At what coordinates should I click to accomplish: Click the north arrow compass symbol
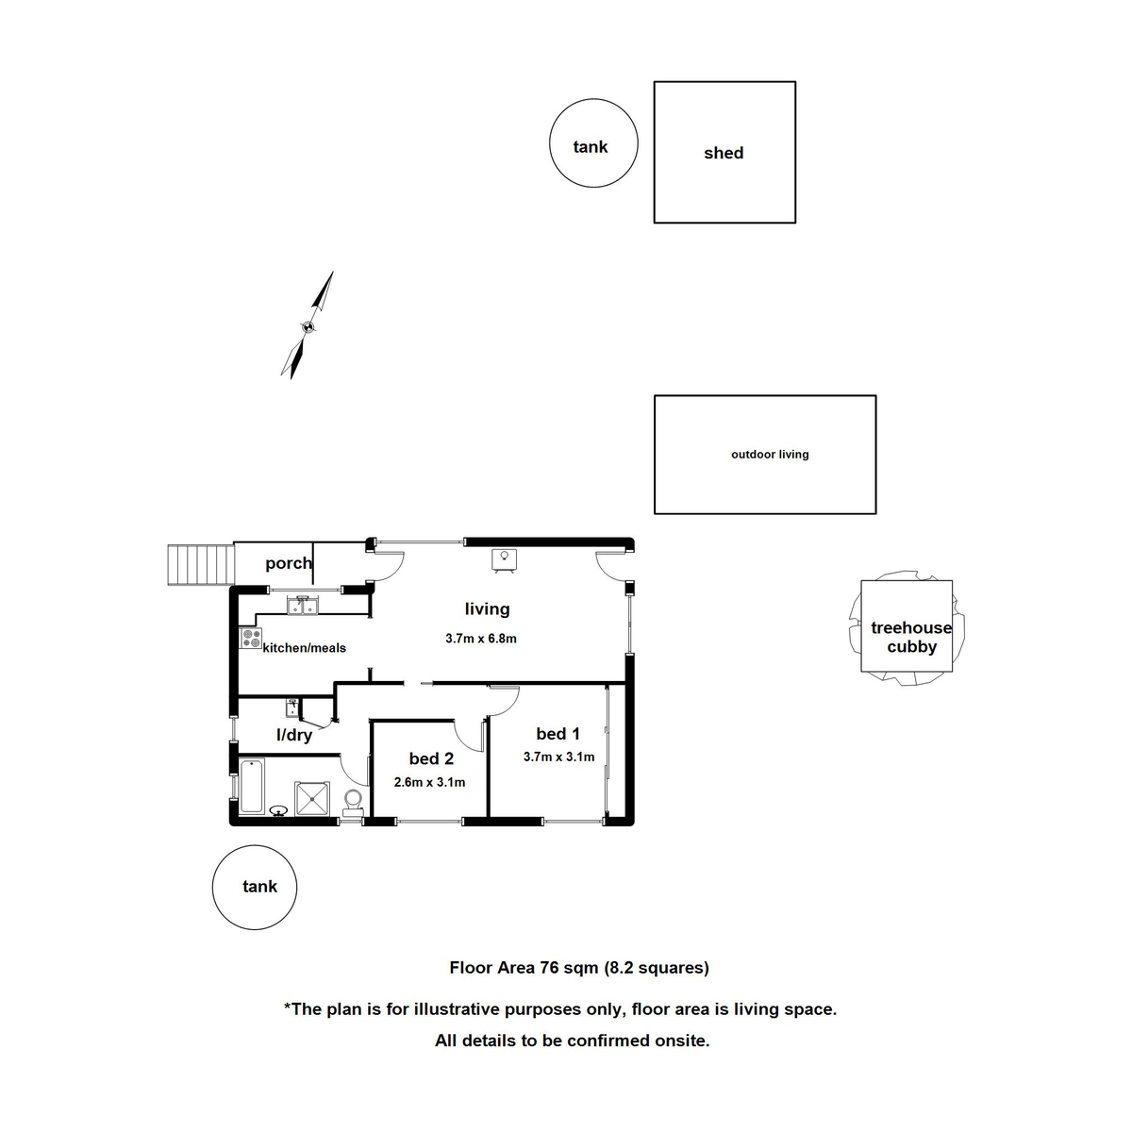tap(308, 325)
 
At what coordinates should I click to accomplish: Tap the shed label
tap(724, 153)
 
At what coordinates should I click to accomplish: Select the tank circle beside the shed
tap(592, 144)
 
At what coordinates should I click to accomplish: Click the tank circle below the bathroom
tap(256, 887)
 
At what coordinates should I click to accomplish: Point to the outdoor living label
tap(770, 455)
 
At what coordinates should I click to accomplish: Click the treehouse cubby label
tap(910, 637)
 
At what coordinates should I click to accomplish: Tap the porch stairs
tap(201, 564)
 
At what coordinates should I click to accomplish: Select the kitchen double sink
tap(304, 605)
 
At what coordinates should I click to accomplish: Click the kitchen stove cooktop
tap(251, 639)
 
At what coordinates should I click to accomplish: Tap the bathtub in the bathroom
tap(251, 785)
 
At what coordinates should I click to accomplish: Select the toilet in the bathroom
tap(354, 802)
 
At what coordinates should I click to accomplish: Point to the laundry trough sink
tap(292, 706)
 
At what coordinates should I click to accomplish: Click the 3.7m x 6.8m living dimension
tap(481, 639)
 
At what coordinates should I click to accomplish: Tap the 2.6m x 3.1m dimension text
tap(429, 782)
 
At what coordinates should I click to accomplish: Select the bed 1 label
tap(558, 734)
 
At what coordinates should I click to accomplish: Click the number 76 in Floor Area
tap(549, 967)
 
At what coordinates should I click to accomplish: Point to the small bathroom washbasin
tap(279, 809)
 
